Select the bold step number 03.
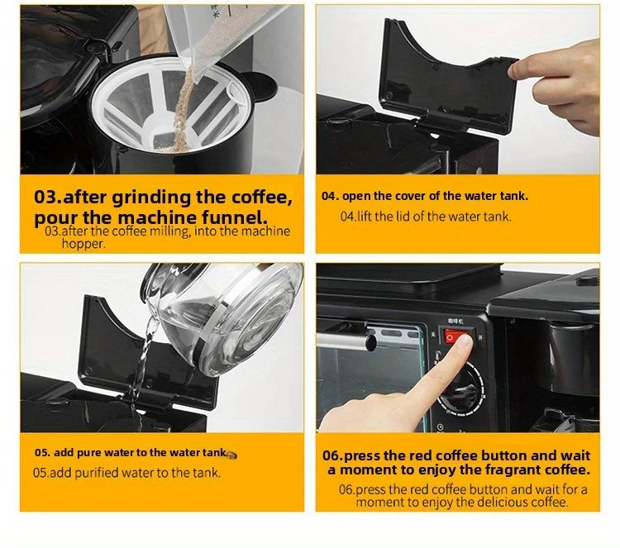pyautogui.click(x=48, y=197)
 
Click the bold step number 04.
pyautogui.click(x=330, y=196)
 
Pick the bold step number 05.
pyautogui.click(x=42, y=453)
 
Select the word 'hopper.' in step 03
pyautogui.click(x=83, y=244)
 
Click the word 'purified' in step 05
pyautogui.click(x=97, y=474)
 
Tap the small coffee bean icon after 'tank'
pyautogui.click(x=231, y=455)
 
